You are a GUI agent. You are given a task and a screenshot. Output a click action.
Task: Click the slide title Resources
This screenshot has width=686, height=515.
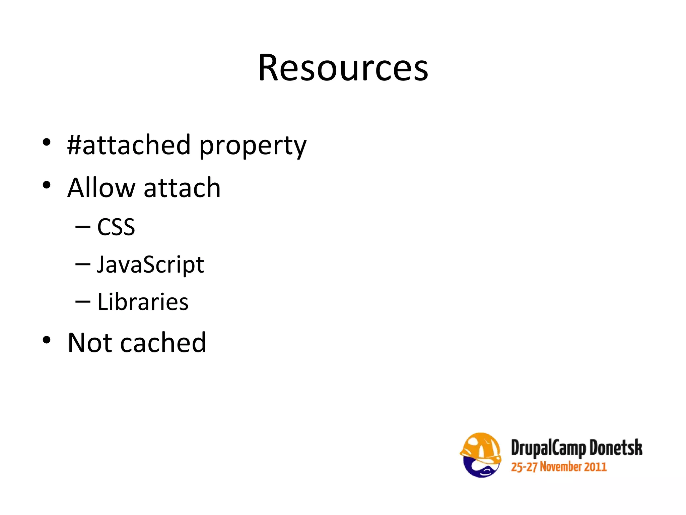click(343, 68)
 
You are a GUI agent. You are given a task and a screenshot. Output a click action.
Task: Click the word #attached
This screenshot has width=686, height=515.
click(129, 145)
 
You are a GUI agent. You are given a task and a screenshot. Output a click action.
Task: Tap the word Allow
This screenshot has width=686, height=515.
click(101, 188)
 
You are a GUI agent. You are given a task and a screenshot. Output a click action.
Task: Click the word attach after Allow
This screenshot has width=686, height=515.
click(182, 188)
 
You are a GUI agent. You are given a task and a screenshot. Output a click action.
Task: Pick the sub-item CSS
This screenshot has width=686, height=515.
click(116, 227)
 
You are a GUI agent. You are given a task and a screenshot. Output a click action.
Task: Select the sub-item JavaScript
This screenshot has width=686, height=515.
click(150, 265)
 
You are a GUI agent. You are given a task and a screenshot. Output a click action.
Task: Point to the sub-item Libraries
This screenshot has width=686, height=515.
click(143, 302)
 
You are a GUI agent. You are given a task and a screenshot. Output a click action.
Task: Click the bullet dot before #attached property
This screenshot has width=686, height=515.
click(47, 142)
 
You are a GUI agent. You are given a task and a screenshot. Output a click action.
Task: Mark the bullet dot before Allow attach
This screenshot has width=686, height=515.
click(47, 185)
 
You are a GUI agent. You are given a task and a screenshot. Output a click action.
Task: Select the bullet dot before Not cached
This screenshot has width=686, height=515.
click(47, 340)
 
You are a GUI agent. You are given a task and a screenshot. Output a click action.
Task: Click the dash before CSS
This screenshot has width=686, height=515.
click(83, 227)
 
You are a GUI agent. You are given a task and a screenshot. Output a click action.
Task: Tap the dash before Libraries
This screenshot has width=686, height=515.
click(83, 302)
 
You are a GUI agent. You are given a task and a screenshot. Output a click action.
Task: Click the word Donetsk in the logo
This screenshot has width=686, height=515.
click(616, 447)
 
